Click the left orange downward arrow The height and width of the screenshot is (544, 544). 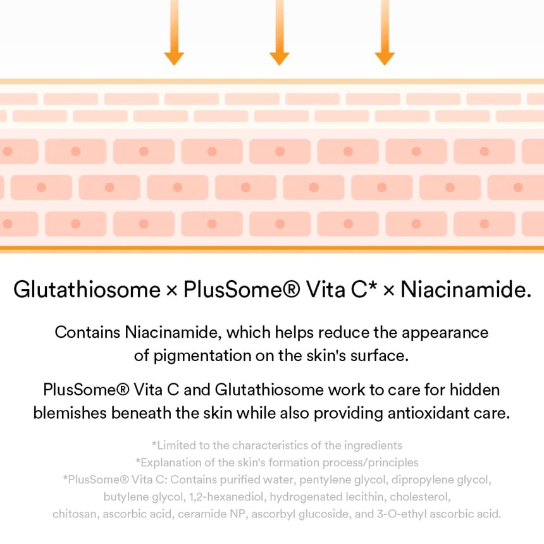click(x=174, y=33)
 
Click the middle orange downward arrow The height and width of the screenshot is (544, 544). click(x=280, y=33)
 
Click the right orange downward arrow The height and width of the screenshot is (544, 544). click(x=385, y=33)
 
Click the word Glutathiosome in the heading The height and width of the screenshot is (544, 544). click(x=87, y=289)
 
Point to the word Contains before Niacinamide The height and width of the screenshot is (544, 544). click(x=87, y=332)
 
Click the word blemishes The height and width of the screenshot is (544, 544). click(x=70, y=413)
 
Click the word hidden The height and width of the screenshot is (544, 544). click(x=474, y=390)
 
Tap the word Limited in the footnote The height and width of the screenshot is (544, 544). click(x=174, y=445)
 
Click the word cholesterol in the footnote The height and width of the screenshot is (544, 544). click(x=420, y=497)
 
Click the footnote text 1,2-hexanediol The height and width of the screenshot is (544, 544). click(x=228, y=497)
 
